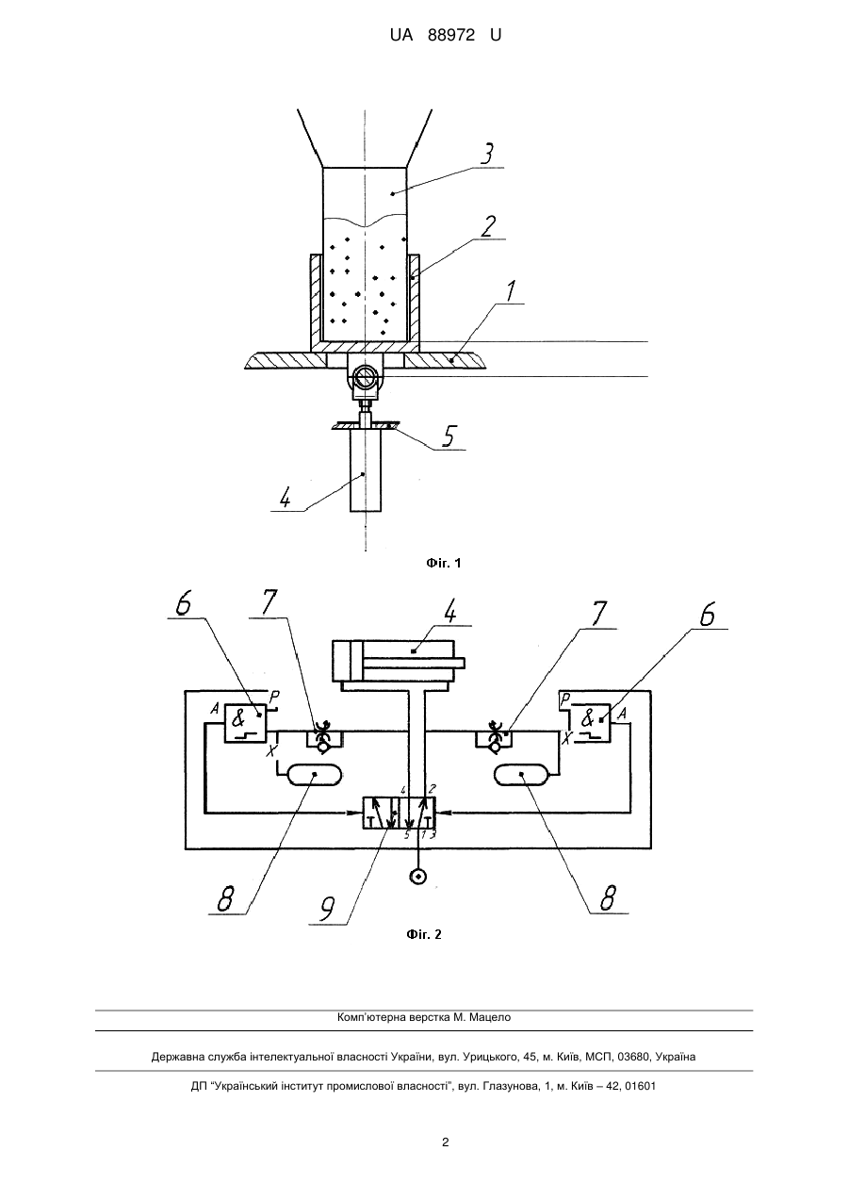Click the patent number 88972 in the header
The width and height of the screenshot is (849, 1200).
pos(451,36)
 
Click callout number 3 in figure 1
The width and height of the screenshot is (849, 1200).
pos(486,154)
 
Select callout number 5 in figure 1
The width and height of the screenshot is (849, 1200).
pos(448,436)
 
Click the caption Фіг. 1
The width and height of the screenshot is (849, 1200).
pos(444,563)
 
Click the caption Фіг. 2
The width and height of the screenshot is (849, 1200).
pos(424,935)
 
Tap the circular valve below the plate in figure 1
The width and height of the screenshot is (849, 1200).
pos(366,376)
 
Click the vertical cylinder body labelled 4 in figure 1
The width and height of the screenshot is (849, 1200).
pos(366,469)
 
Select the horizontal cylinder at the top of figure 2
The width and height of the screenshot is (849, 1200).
pos(399,660)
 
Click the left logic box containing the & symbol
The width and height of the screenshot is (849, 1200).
pos(245,723)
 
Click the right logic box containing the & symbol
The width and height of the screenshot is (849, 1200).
pos(590,722)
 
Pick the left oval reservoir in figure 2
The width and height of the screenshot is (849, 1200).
pos(315,775)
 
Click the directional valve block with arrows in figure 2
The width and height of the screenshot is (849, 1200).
pos(399,814)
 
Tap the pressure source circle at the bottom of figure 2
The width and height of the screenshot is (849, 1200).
pos(417,877)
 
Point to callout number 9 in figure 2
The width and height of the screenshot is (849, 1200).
pos(327,908)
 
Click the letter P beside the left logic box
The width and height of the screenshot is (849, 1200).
pos(274,697)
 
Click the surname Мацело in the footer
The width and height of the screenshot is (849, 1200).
pos(490,1017)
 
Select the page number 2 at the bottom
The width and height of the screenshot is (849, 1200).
pos(446,1142)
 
